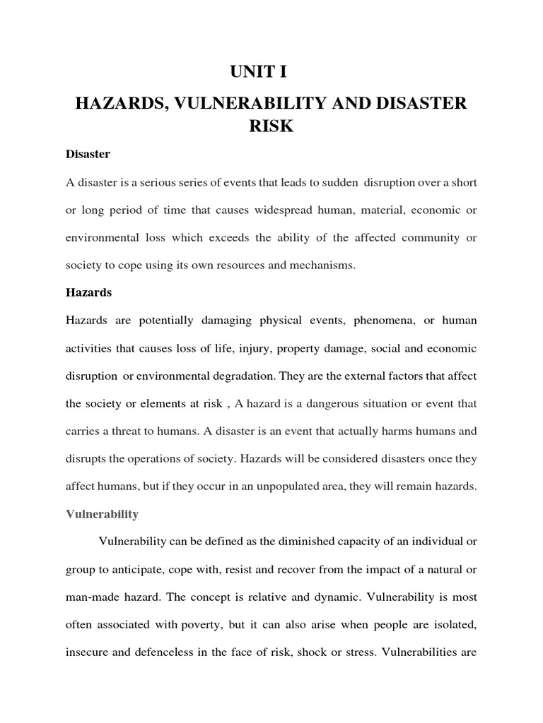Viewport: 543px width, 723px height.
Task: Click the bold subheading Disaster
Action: tap(88, 153)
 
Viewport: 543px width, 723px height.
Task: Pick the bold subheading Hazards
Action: tap(89, 292)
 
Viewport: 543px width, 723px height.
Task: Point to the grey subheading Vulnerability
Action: tap(102, 514)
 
